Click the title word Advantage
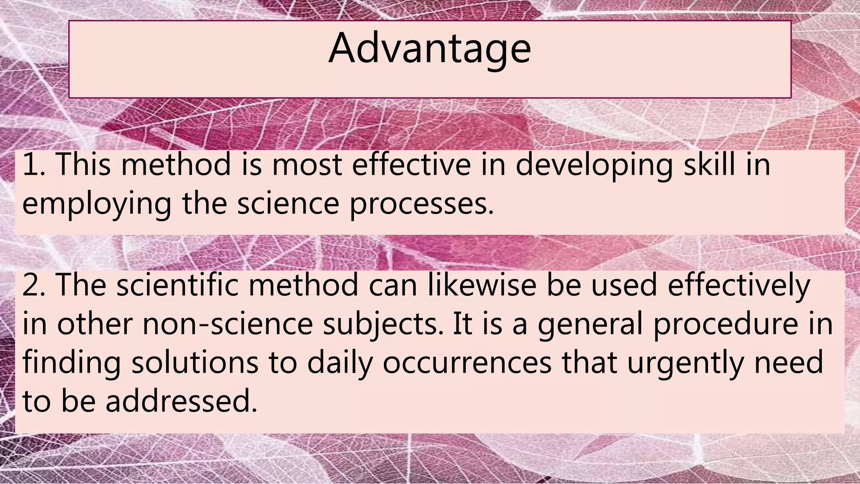pyautogui.click(x=430, y=49)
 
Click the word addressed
pyautogui.click(x=181, y=401)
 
